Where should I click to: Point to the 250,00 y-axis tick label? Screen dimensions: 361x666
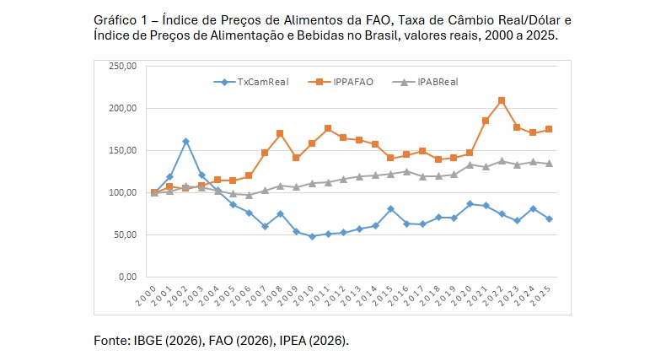[x=122, y=66]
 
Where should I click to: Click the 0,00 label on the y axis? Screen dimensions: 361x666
[x=127, y=277]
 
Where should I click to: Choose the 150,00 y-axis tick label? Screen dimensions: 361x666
[x=122, y=150]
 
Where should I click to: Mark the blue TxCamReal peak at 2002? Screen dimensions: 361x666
[x=185, y=142]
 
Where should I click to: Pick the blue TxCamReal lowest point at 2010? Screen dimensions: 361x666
[x=312, y=236]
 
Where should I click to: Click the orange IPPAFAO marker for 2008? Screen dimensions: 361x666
[x=280, y=133]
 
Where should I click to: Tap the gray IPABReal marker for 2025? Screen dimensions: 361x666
[x=549, y=164]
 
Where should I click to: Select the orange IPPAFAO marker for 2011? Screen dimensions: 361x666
[x=328, y=128]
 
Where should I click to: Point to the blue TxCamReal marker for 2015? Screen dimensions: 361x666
[x=390, y=208]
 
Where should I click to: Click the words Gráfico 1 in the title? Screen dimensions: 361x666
[x=117, y=19]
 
